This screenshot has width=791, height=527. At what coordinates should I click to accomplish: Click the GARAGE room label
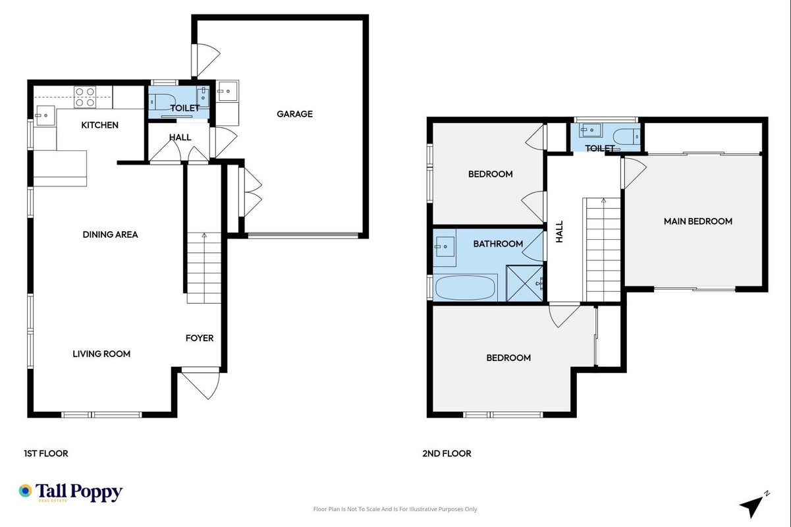coord(294,114)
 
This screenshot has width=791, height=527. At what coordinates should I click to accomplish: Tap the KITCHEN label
coord(99,125)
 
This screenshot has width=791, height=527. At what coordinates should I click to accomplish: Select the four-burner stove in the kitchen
coord(85,97)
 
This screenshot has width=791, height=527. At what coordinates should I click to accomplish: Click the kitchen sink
coord(45,115)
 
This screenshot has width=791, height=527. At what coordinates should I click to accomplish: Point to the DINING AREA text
coord(110,234)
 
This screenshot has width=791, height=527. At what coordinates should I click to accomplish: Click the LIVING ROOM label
coord(101,354)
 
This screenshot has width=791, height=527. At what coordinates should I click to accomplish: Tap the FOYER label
coord(200,338)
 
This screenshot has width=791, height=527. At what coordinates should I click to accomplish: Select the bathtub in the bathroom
coord(465,287)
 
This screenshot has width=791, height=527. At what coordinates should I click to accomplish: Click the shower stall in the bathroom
coord(524,284)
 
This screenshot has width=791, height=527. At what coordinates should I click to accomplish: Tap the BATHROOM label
coord(498,244)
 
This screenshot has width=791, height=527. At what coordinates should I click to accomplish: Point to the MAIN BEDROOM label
coord(697,221)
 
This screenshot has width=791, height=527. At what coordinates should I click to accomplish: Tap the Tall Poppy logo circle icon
coord(26,491)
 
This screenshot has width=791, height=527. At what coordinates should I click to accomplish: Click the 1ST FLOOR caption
coord(46,453)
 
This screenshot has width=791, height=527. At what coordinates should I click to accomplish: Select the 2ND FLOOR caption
coord(447,453)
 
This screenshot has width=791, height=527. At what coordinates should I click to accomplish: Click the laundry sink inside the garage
coord(227,91)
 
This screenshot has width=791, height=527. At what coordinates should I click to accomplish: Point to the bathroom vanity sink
coord(445,246)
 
